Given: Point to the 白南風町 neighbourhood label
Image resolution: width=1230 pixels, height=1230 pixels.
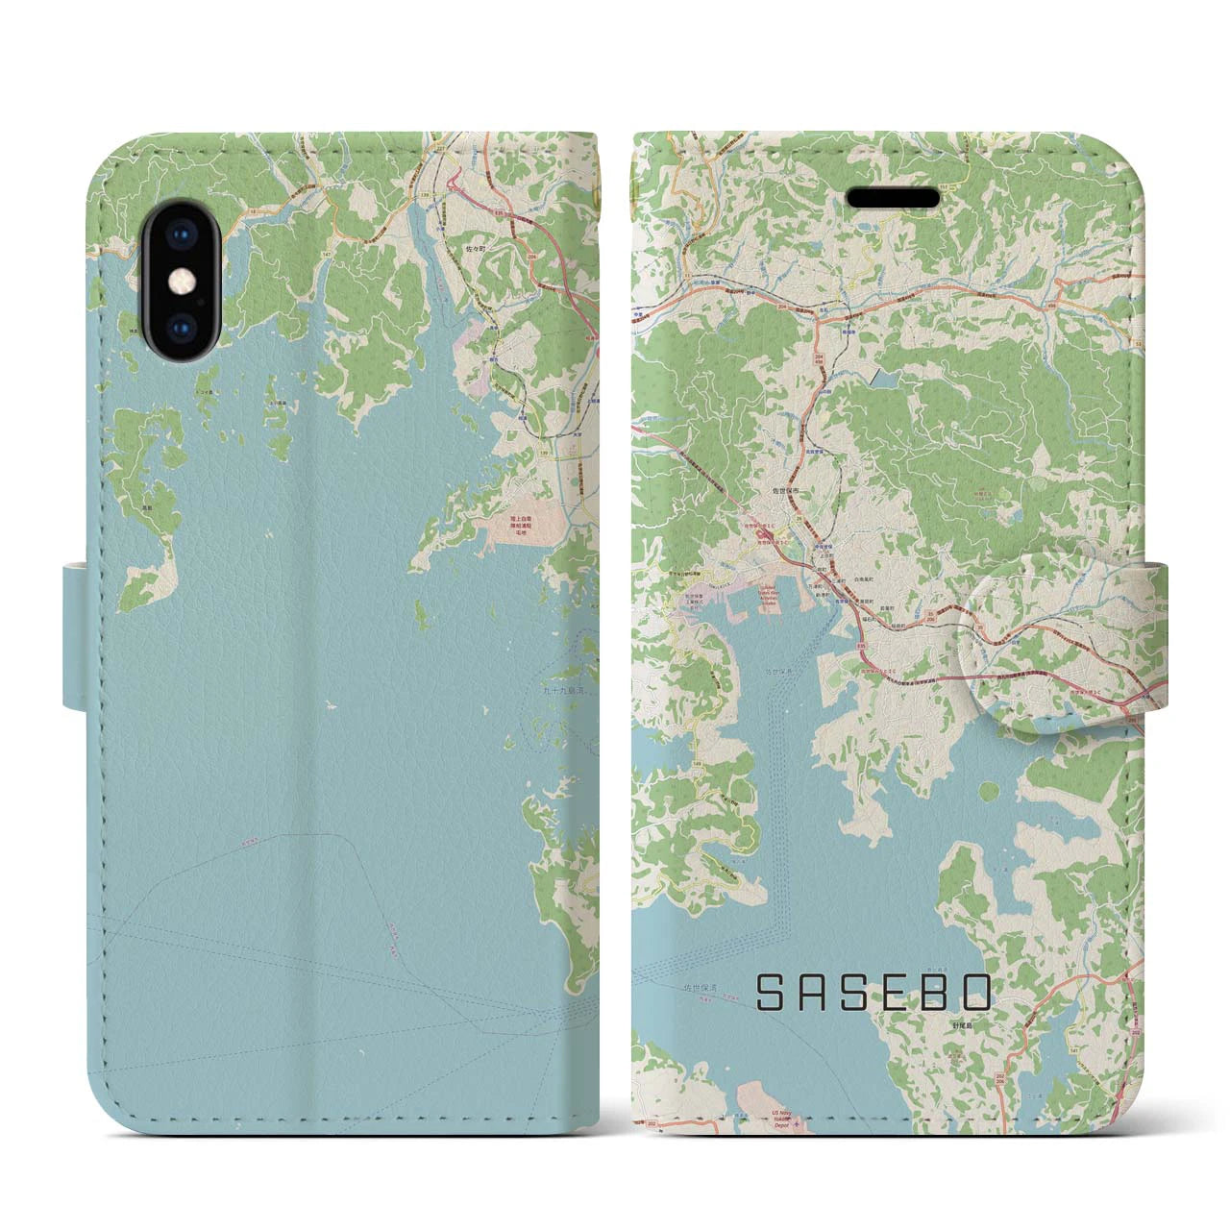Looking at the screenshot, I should coord(841,582).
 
